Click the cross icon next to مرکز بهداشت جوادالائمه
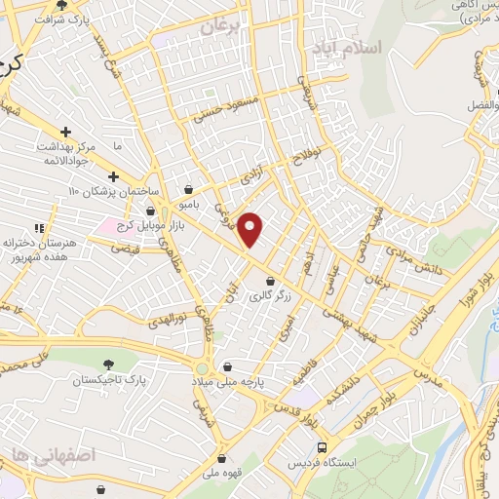tap(65, 131)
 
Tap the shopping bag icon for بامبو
tap(187, 190)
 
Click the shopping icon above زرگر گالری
tap(270, 281)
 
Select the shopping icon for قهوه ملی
tap(223, 458)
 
